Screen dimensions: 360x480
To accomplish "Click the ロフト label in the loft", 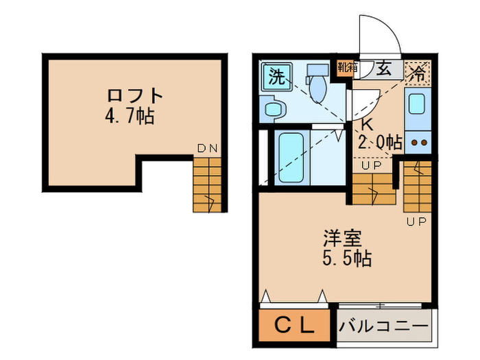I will coord(135,95).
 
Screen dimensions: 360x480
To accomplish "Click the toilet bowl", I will coord(317,85).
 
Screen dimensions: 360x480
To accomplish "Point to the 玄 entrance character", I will coord(383,68).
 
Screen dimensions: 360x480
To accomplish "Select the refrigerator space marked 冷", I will coord(417,71).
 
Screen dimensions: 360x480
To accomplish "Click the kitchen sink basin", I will coord(418,104).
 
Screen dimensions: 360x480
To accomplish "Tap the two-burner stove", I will coord(418,144).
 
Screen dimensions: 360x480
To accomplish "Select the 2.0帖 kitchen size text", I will coord(380,143).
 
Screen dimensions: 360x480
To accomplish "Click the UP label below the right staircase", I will coord(416,221).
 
